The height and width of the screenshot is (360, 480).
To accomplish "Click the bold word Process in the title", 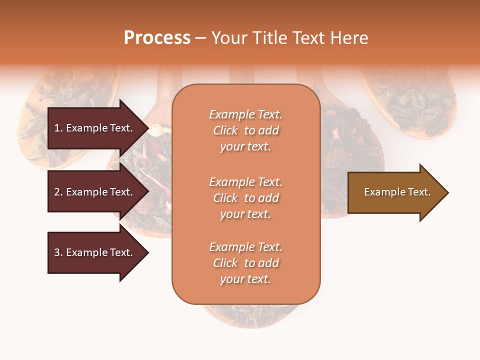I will pos(157,38).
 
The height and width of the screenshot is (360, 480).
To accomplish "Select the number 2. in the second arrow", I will pos(58,192).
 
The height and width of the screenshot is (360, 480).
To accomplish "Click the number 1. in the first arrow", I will pos(58,128).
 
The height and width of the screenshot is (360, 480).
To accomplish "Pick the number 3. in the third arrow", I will pos(58,252).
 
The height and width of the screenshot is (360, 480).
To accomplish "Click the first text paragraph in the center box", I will pos(245,130).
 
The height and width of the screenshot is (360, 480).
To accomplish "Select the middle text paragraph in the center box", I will pos(245,198).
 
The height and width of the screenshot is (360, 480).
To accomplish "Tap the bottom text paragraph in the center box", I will pos(245,263).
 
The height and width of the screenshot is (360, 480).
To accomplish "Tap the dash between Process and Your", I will pos(200,38).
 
